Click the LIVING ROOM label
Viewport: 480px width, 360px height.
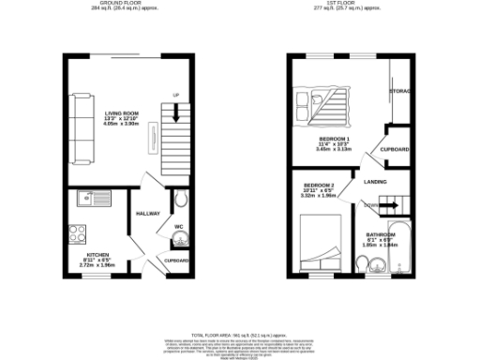click(120, 113)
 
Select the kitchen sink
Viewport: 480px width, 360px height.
click(92, 198)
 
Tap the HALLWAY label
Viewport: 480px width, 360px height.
click(148, 213)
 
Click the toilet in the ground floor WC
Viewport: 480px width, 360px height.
click(179, 201)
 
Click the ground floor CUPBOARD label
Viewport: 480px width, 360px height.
click(177, 261)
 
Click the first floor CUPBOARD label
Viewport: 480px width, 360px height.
click(395, 149)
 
